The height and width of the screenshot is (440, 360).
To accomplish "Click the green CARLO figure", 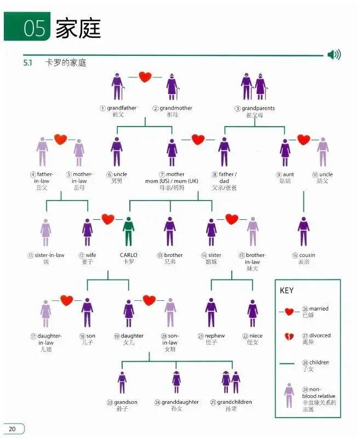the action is pos(129,231).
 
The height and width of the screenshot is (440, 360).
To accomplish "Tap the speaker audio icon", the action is pos(334,54).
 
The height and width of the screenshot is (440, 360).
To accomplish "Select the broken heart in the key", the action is pos(289,336).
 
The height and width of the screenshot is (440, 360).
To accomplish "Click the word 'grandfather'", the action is pos(122,108).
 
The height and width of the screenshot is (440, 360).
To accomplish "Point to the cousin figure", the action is pos(304,231).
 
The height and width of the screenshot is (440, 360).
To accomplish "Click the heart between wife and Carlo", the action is pos(108,219).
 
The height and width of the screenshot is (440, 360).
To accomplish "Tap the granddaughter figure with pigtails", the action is pos(176,382).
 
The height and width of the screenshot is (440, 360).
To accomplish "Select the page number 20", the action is pos(12,429).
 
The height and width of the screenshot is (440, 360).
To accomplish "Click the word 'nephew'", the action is pos(215,335).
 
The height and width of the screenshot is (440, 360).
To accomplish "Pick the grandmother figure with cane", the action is pos(172,87).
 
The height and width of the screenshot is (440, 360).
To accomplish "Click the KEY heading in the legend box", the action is pos(287,290).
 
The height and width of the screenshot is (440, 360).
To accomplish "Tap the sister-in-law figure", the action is pos(45,232).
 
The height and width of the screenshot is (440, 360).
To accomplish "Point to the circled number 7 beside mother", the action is pos(162,175).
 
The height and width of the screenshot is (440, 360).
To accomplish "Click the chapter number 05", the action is pos(34,28).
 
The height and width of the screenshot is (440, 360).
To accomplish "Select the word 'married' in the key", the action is pos(319,308).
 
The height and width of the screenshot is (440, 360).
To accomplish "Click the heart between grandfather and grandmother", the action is pos(145,77).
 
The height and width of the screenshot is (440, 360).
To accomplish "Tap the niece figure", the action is pos(253,313).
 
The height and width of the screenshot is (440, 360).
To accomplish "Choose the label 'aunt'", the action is pos(288,174).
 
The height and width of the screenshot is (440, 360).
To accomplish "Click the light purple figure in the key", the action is pos(289,396).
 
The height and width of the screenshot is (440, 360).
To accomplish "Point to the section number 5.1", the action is pos(27,62).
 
